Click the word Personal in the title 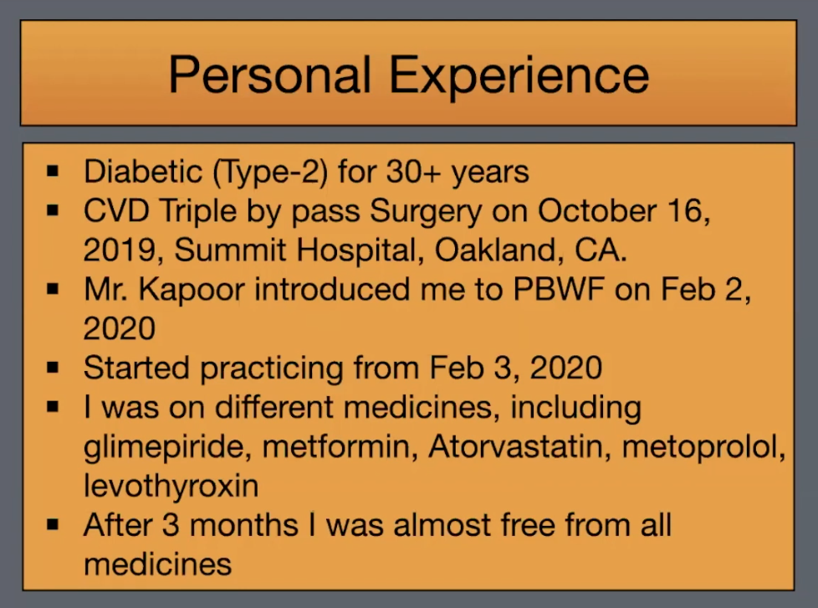269,75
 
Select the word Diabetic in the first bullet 143,172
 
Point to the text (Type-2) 270,173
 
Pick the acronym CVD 116,211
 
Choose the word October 597,211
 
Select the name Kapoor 192,291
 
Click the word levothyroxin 171,487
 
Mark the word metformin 340,447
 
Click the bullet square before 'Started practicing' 53,368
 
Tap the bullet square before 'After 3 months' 53,524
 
